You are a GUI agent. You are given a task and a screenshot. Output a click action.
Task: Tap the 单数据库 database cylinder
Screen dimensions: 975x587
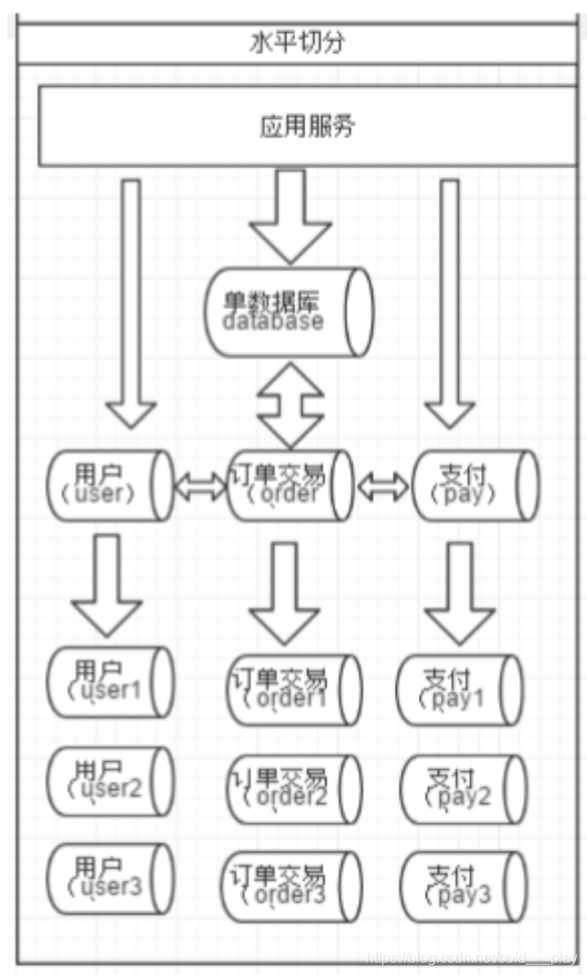pos(289,312)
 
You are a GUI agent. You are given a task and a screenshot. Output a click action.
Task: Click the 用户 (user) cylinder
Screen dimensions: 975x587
pos(109,486)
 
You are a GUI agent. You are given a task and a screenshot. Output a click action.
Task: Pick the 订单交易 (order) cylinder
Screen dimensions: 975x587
pos(291,486)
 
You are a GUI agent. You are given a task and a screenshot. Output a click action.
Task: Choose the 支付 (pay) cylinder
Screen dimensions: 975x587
pos(475,486)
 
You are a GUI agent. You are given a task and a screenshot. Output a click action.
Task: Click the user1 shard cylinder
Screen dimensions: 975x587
pos(109,682)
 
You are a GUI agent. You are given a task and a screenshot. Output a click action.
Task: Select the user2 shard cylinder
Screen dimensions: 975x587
pos(109,782)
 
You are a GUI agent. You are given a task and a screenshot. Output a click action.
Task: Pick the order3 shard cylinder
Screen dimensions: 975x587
pos(293,885)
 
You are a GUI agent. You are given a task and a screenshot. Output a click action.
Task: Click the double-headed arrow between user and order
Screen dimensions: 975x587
pos(199,487)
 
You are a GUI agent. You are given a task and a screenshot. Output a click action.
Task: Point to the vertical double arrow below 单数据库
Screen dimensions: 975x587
pos(290,402)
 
